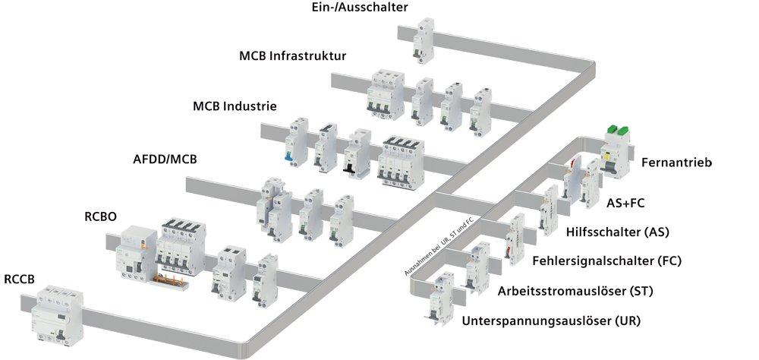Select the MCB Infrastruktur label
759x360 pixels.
coord(292,56)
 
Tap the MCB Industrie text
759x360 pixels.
coord(235,106)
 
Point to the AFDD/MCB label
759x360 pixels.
coord(165,160)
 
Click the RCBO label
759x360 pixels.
coord(100,216)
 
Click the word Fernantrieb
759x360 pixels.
coord(676,163)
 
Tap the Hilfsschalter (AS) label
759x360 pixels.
coord(618,231)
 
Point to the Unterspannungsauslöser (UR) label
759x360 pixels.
coord(551,321)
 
